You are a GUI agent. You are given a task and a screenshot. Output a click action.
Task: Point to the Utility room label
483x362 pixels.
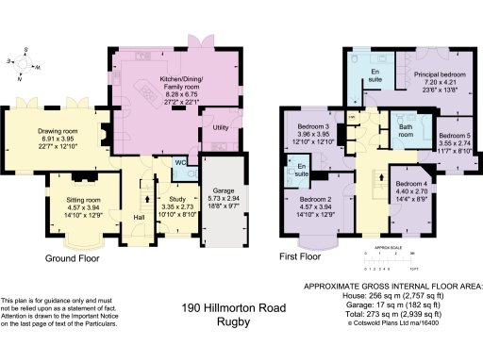tap(221, 125)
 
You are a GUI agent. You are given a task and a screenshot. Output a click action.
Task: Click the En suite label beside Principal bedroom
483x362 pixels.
tap(375, 74)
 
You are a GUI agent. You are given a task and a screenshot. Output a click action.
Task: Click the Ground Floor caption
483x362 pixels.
tap(74, 257)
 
